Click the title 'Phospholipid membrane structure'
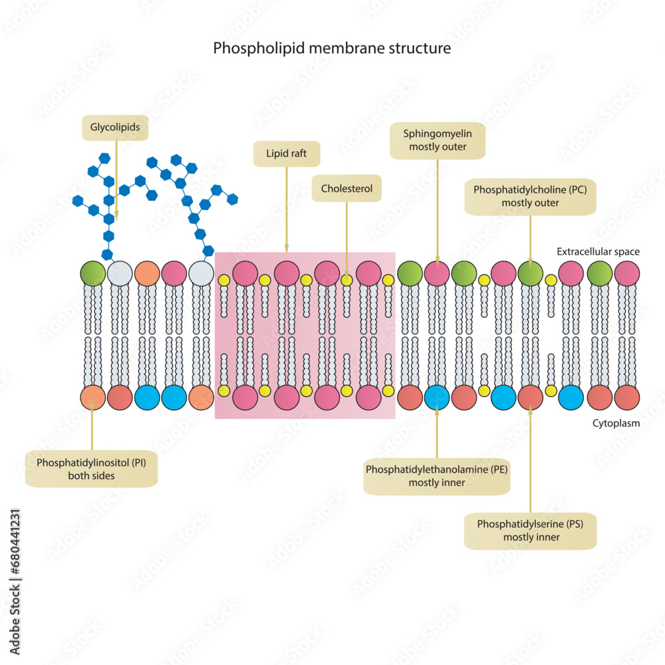(x=332, y=49)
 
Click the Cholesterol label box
(x=346, y=189)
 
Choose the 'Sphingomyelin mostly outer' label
(x=438, y=140)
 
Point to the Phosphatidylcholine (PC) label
(x=530, y=196)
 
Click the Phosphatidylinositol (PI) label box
(x=92, y=469)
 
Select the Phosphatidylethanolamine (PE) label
(x=437, y=476)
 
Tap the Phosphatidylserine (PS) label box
(x=530, y=531)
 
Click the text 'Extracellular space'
(x=598, y=252)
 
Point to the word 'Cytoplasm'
(x=616, y=422)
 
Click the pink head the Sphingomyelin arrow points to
(x=437, y=273)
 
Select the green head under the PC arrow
(x=530, y=273)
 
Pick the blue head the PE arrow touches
(x=437, y=397)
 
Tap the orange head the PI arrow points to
(x=92, y=397)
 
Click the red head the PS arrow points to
(x=530, y=397)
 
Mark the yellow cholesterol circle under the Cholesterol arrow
(x=346, y=280)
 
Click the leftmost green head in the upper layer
(x=92, y=273)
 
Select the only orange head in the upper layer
(x=146, y=273)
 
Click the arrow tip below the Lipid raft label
(x=287, y=251)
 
